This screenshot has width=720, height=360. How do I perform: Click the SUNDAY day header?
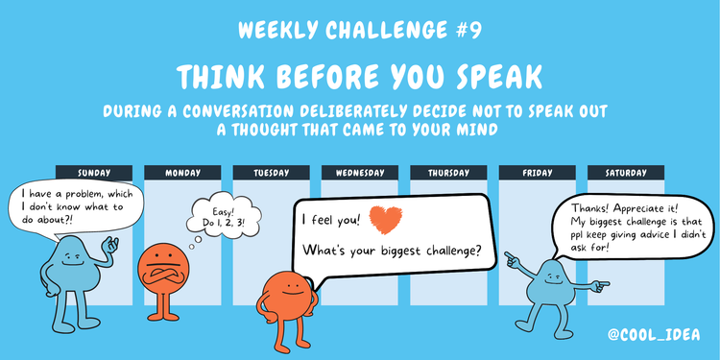94,173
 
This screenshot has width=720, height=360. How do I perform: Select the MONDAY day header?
182,173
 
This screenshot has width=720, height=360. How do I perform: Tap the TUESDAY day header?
272,173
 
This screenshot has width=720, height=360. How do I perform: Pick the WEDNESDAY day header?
360,173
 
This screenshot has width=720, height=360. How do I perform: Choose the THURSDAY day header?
449,173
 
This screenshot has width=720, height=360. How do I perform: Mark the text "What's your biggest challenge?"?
392,252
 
